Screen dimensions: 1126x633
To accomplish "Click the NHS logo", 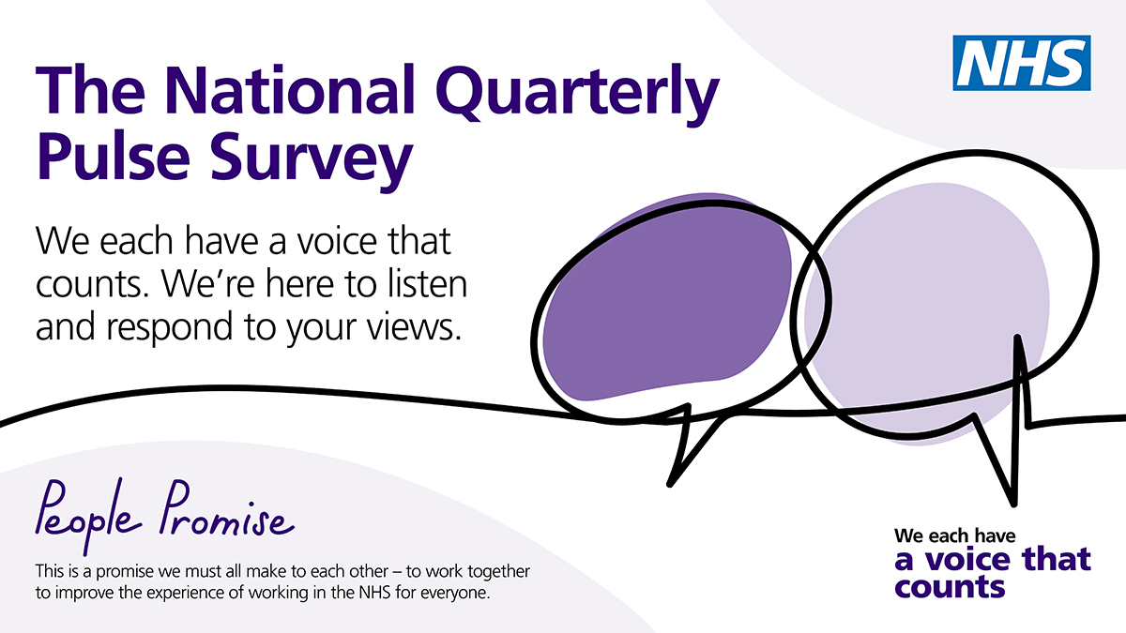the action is coord(1022,63).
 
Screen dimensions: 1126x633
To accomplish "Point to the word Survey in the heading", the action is coord(312,160).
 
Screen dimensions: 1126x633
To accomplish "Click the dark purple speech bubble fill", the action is coord(666,297).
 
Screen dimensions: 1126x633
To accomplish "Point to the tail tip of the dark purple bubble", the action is coord(670,484).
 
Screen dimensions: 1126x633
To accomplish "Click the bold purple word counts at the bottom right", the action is coord(950,587).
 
